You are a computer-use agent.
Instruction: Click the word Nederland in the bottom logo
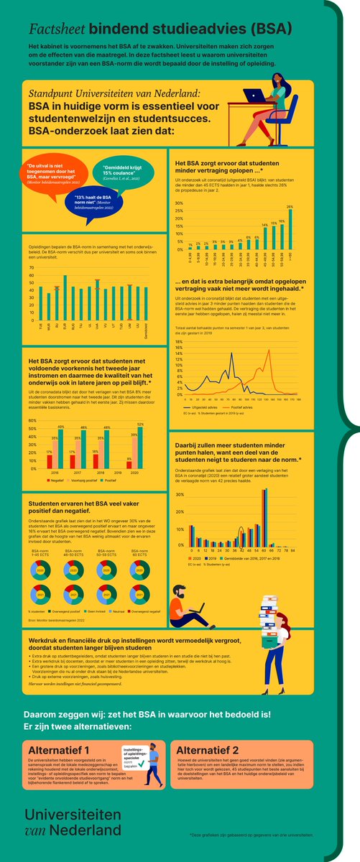[x=86, y=830]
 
